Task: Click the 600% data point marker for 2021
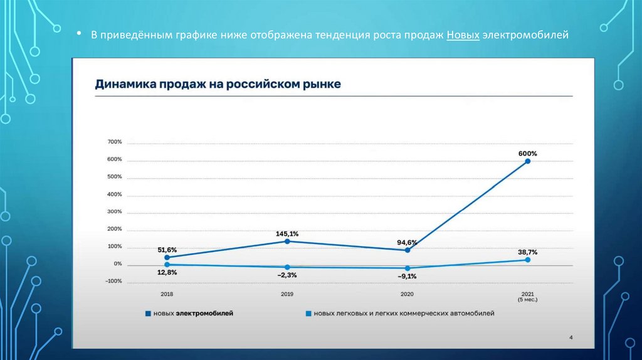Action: (x=528, y=161)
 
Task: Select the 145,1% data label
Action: (x=287, y=233)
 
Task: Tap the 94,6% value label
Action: (x=408, y=242)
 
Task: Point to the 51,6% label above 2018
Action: (x=167, y=250)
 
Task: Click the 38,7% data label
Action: (x=528, y=251)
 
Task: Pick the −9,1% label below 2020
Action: (x=408, y=275)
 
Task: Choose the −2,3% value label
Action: (x=287, y=275)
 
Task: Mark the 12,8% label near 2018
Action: (x=167, y=272)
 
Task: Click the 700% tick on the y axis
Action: (x=114, y=142)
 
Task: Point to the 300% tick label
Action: (x=114, y=211)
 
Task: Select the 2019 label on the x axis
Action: (x=287, y=294)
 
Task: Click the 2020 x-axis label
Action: (x=408, y=294)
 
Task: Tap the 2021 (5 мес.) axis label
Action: (x=528, y=297)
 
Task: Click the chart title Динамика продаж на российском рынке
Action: (x=218, y=84)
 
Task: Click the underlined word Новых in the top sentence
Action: (x=463, y=35)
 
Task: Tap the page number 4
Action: (x=571, y=337)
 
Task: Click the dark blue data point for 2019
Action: (x=287, y=241)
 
